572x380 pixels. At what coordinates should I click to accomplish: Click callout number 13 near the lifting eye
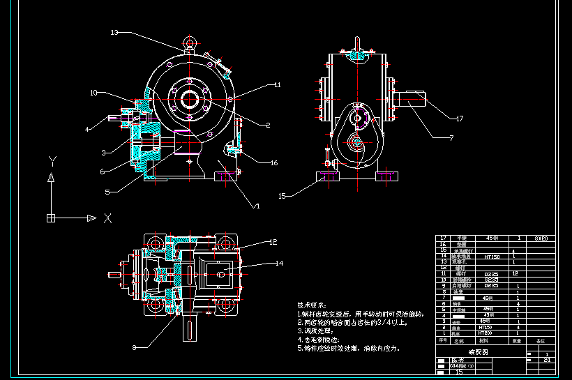114,32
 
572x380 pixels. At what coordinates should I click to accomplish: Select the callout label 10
93,92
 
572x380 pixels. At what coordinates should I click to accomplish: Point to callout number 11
277,85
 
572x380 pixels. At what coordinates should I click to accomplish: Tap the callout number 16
273,162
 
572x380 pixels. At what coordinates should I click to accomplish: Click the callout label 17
460,119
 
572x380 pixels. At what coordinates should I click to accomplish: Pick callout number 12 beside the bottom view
273,242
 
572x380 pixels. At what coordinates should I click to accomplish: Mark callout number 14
279,264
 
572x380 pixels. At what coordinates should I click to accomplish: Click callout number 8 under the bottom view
134,346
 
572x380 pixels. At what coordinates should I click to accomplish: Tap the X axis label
107,218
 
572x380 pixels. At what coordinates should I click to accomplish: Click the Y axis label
52,161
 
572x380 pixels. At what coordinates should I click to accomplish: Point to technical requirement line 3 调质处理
321,330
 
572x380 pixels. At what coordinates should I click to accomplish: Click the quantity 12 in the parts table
514,274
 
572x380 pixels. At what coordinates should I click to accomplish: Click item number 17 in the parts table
442,238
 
